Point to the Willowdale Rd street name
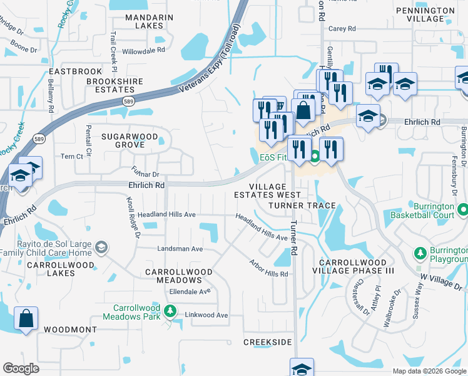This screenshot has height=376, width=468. [x=143, y=51]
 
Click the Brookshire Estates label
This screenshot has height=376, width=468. [x=114, y=86]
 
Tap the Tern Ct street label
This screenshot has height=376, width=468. [x=68, y=156]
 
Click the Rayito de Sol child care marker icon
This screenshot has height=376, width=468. [x=101, y=248]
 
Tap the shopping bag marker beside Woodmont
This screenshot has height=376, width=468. [x=26, y=318]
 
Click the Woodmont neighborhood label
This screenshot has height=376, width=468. [x=70, y=330]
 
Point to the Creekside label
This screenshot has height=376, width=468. [x=268, y=342]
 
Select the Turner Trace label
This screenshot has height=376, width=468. [x=302, y=206]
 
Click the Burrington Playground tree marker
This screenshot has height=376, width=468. [x=420, y=253]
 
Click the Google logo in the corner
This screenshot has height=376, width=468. [x=21, y=368]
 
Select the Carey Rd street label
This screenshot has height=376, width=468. [x=342, y=29]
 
